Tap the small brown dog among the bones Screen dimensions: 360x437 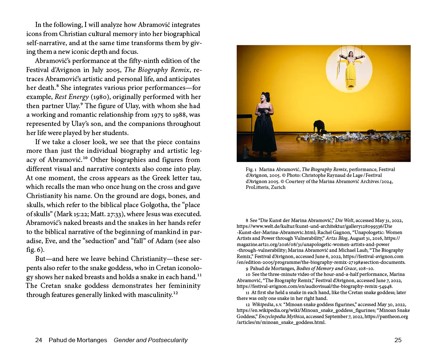[371, 132]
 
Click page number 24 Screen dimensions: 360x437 [39, 340]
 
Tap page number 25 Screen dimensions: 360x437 [398, 340]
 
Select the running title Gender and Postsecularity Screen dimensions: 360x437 [150, 340]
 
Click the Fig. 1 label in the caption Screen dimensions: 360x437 [251, 170]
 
